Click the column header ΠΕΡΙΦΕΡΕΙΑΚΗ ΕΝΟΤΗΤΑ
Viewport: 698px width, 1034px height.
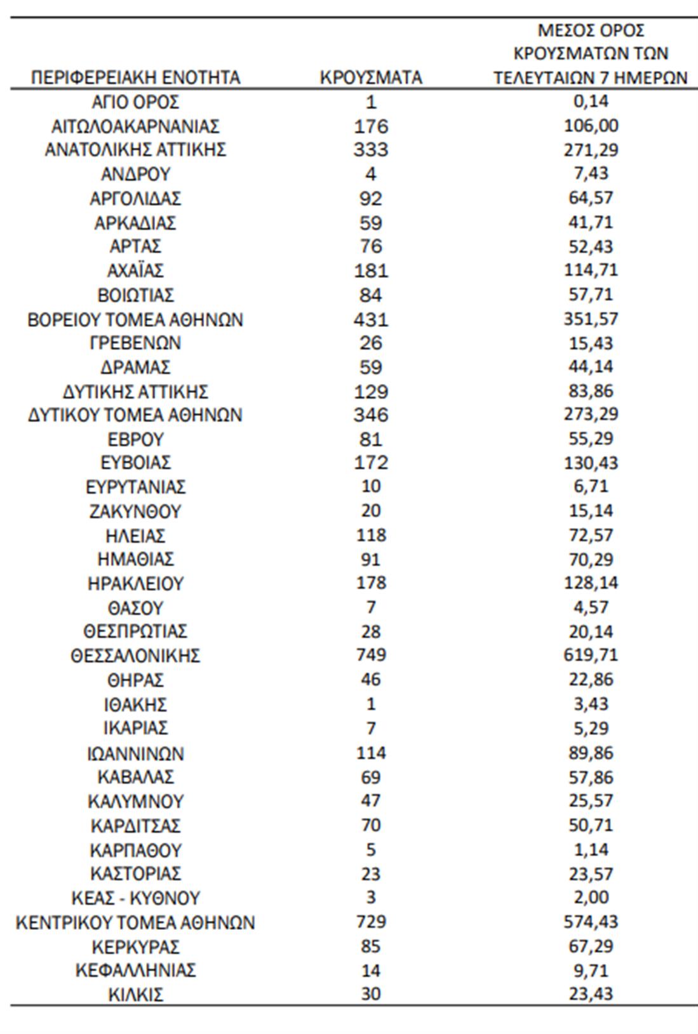[x=135, y=77]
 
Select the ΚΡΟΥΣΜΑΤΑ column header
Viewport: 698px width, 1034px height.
[x=371, y=77]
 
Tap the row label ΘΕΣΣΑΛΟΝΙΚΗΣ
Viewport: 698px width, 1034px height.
[x=135, y=655]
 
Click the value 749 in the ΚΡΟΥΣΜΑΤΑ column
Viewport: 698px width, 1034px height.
[x=371, y=655]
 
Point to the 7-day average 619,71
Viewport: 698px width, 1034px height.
[x=591, y=655]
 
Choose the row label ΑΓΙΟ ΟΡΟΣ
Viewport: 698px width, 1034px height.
[x=135, y=102]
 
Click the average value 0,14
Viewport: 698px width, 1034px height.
[x=591, y=102]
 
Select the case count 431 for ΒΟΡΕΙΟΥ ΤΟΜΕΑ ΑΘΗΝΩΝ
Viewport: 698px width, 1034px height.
[x=371, y=319]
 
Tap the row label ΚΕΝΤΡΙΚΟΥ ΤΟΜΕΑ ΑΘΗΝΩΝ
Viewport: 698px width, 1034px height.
[x=135, y=922]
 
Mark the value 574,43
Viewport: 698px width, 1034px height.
[x=591, y=922]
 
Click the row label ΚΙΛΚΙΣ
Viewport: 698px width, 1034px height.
[x=135, y=994]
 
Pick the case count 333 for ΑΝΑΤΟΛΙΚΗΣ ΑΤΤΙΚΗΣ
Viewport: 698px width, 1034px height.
[x=371, y=150]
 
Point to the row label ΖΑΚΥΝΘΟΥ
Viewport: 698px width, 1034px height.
[x=135, y=511]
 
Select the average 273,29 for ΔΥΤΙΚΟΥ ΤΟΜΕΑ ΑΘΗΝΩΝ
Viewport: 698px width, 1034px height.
[x=591, y=415]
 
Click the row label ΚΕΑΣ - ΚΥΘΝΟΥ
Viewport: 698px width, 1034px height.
[x=135, y=898]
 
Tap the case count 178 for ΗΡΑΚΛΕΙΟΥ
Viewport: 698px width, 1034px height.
[x=371, y=583]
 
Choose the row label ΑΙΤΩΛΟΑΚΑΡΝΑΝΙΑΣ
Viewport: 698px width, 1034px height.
[x=135, y=126]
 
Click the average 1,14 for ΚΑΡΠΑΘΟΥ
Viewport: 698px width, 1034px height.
[x=591, y=850]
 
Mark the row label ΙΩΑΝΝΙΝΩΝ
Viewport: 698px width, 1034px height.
[x=135, y=753]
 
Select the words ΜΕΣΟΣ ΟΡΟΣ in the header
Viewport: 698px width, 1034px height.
[x=591, y=30]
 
